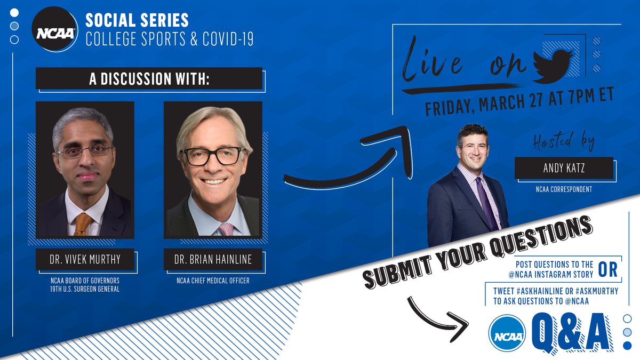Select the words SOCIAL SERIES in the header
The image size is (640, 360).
coord(137,20)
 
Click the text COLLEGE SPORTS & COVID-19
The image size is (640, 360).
coord(169,39)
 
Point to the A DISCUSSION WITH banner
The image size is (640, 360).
coord(149,78)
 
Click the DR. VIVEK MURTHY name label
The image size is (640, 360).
coord(85,260)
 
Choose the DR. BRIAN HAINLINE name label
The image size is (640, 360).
coord(213,260)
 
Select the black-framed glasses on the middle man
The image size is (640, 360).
coord(212,156)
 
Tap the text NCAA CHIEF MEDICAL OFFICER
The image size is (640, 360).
coord(213,281)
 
